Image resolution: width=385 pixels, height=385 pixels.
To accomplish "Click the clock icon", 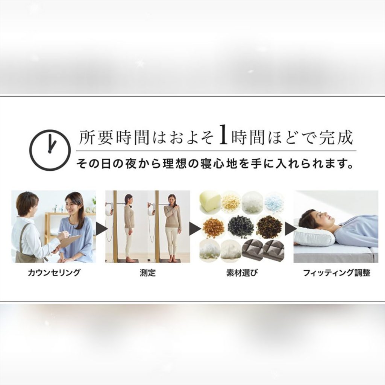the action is [x=50, y=150].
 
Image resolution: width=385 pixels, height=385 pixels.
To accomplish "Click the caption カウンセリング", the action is [x=54, y=273].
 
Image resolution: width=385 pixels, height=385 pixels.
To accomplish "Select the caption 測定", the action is [x=148, y=273].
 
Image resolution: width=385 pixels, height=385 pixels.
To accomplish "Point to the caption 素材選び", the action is [x=242, y=273].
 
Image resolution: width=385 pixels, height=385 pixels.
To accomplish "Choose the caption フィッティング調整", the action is [x=336, y=273].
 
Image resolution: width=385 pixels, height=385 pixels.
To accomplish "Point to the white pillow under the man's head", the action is [x=314, y=236].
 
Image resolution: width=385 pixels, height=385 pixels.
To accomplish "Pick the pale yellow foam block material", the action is [x=209, y=202].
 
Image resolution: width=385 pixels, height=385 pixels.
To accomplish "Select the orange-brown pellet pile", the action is [x=213, y=227].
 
